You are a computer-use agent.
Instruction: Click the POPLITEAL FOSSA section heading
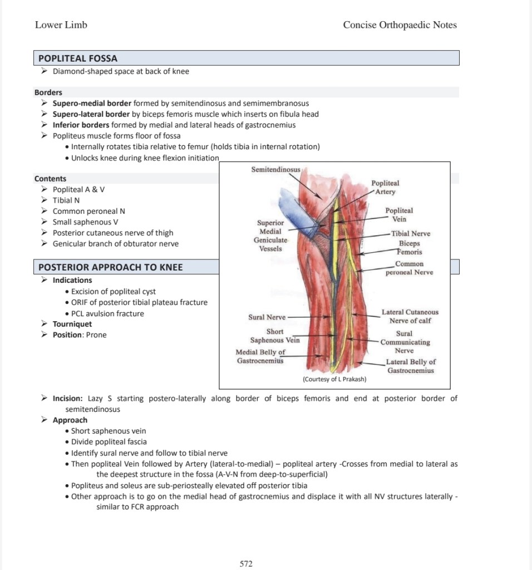pos(78,58)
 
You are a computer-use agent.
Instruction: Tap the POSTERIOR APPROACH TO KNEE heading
pos(110,267)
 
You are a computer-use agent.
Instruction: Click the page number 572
pos(246,564)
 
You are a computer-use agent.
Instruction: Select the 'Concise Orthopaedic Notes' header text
pos(400,25)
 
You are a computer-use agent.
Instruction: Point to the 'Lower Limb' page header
pos(61,25)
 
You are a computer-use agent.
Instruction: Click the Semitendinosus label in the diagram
pos(275,169)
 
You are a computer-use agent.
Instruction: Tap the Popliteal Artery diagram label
pos(385,188)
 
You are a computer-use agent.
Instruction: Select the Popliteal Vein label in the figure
pos(399,215)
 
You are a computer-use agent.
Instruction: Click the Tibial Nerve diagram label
pos(411,234)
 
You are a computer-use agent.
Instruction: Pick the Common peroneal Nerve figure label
pos(409,268)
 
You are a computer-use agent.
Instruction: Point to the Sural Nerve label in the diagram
pos(267,317)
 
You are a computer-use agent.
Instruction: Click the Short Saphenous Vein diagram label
pos(275,336)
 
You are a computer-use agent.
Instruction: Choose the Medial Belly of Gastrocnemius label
pos(260,356)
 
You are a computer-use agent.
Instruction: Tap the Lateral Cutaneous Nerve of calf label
pos(410,316)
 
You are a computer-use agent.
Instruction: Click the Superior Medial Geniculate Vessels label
pos(270,235)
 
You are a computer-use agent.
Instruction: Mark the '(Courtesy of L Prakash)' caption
pos(334,379)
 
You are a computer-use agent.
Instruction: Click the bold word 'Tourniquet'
pos(72,324)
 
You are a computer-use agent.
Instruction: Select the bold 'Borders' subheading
pos(48,92)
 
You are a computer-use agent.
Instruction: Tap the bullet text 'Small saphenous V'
pos(85,222)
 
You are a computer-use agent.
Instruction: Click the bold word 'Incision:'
pos(67,399)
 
